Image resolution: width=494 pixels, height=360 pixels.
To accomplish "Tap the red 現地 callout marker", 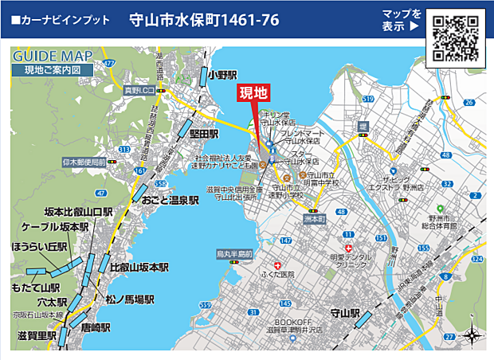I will pos(256,93).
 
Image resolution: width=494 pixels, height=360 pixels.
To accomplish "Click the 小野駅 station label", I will pos(220,75).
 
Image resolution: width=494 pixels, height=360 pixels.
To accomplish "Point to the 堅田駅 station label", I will pos(204,135).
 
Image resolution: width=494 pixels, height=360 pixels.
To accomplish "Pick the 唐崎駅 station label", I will pos(95,327).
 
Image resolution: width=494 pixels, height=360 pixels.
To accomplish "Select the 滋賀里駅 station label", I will pos(36,336).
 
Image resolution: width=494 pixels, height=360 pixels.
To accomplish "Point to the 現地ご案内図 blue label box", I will pos(53,70).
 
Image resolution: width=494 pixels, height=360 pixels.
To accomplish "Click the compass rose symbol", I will pos(470,335).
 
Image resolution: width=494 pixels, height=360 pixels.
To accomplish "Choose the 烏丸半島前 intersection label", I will pos(234,254).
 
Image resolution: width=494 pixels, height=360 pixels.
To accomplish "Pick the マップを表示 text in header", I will pos(401,21).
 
